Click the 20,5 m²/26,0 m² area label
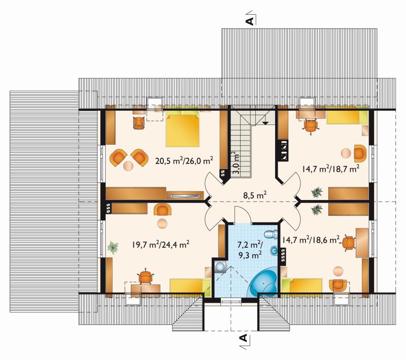(x=184, y=161)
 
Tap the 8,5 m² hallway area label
(x=255, y=195)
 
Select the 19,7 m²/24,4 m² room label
(x=160, y=245)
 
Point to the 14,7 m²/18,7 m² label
(x=330, y=169)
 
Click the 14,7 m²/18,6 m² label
(x=311, y=240)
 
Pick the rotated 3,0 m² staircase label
(x=235, y=162)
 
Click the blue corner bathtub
(x=263, y=283)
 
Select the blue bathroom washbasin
(x=274, y=251)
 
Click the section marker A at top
(x=250, y=21)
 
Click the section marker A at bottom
(x=243, y=338)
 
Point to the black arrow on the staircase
(x=265, y=122)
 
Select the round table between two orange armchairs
(x=128, y=166)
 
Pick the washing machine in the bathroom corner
(x=220, y=267)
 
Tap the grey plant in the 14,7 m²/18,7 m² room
(x=317, y=192)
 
